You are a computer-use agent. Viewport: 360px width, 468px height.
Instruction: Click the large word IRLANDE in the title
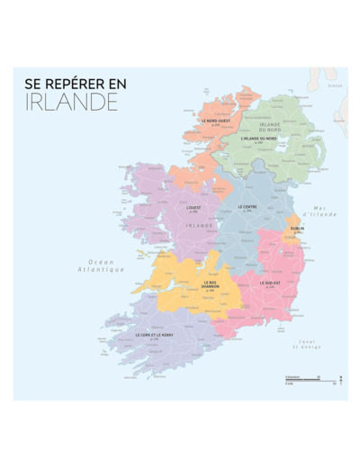point(71,102)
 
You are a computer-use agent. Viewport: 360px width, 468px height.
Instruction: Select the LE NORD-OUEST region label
point(216,121)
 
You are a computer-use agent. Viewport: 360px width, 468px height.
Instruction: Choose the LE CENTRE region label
point(247,207)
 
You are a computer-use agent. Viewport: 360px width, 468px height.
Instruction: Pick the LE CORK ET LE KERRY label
point(154,335)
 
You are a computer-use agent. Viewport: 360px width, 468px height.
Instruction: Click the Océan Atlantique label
point(100,265)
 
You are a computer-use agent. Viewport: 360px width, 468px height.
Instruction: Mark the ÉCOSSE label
point(335,85)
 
